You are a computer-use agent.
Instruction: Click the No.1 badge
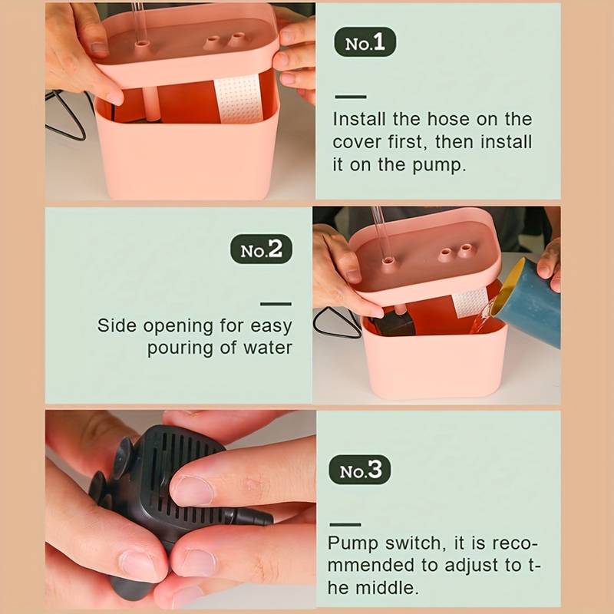click(x=365, y=44)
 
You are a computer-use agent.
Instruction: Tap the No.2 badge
click(x=261, y=250)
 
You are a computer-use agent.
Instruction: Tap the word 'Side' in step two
click(x=115, y=325)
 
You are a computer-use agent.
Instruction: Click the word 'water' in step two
click(x=268, y=348)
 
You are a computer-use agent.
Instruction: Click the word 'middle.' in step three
click(x=391, y=588)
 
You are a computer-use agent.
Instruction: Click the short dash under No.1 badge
click(x=351, y=97)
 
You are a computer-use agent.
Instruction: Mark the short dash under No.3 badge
click(x=345, y=525)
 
